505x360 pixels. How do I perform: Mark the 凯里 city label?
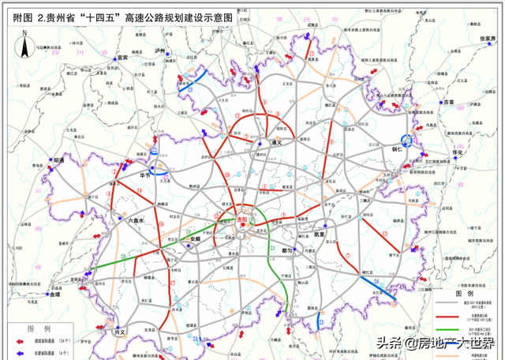(318, 234)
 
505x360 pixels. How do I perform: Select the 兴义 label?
(119, 332)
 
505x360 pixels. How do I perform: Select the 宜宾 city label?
(120, 58)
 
